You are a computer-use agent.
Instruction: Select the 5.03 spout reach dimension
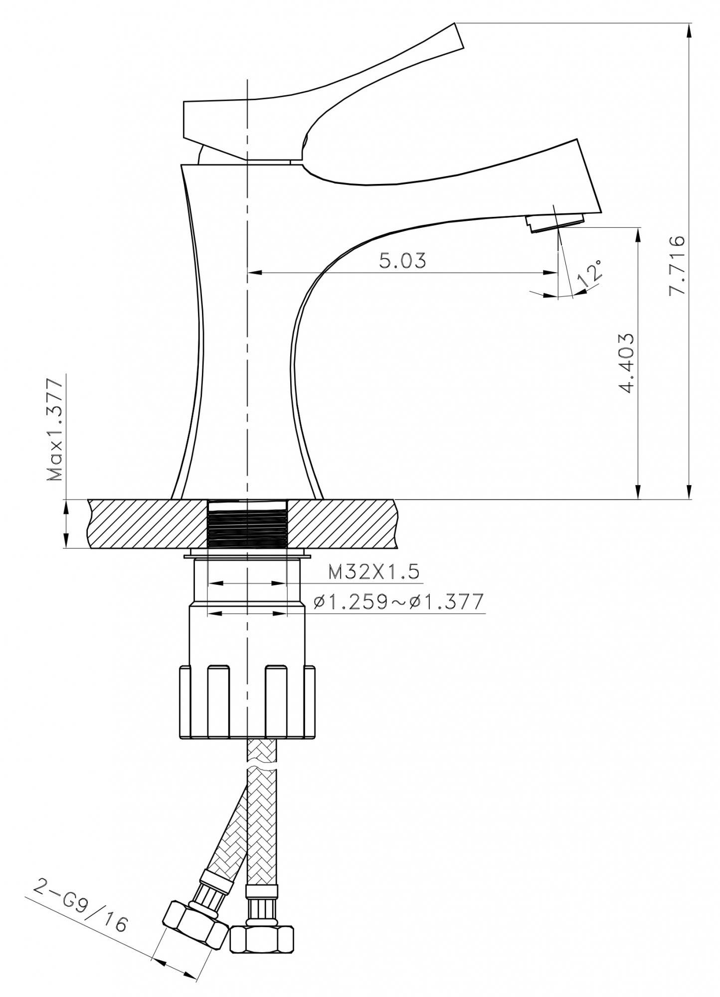pyautogui.click(x=403, y=261)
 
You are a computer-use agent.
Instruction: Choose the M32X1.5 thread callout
pyautogui.click(x=374, y=572)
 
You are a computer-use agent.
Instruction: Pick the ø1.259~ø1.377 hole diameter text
pyautogui.click(x=399, y=602)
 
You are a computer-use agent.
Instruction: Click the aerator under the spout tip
pyautogui.click(x=555, y=221)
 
